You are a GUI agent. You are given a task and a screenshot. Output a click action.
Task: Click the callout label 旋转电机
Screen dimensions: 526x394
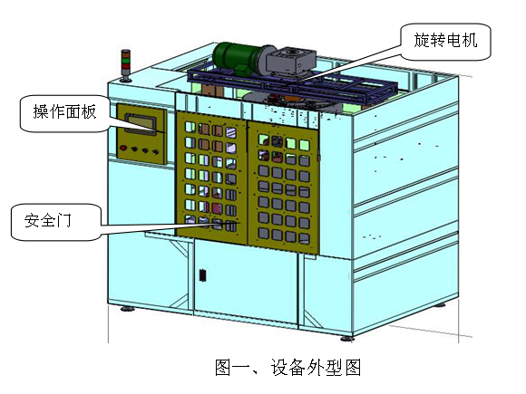pos(445,41)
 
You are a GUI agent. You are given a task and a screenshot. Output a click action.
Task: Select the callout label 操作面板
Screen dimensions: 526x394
pos(64,111)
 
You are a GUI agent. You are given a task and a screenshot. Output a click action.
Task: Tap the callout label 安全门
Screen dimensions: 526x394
pos(48,220)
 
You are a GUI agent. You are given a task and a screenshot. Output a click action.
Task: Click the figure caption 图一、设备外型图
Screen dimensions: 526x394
pos(287,367)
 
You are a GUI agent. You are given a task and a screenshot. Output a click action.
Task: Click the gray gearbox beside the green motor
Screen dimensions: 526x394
pos(290,61)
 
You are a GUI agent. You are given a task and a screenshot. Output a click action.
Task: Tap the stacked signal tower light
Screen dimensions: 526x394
pos(126,65)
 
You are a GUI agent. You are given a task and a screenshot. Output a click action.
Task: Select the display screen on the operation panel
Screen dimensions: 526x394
pos(141,123)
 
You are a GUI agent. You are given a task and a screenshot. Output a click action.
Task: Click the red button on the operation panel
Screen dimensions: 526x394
pos(123,148)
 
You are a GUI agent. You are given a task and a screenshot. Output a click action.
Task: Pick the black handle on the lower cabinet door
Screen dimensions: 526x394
pos(202,275)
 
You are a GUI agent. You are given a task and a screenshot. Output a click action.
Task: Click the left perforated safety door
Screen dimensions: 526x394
pos(211,178)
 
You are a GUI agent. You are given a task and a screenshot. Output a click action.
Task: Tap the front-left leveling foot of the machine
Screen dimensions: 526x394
pos(127,309)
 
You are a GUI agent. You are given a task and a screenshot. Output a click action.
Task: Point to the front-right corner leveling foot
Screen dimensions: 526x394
pos(347,339)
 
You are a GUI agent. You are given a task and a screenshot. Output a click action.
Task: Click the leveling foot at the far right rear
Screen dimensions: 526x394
pos(440,304)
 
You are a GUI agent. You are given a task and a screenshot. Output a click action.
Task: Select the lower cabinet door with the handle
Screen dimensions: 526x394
pos(246,281)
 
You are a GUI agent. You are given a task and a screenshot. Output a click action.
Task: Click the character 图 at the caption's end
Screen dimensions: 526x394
pos(353,367)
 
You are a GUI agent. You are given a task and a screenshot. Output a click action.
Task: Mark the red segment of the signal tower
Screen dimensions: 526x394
pos(126,66)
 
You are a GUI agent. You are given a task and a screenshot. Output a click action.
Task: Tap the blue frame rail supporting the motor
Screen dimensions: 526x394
pos(292,86)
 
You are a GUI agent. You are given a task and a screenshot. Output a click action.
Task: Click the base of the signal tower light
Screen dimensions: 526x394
pos(126,80)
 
